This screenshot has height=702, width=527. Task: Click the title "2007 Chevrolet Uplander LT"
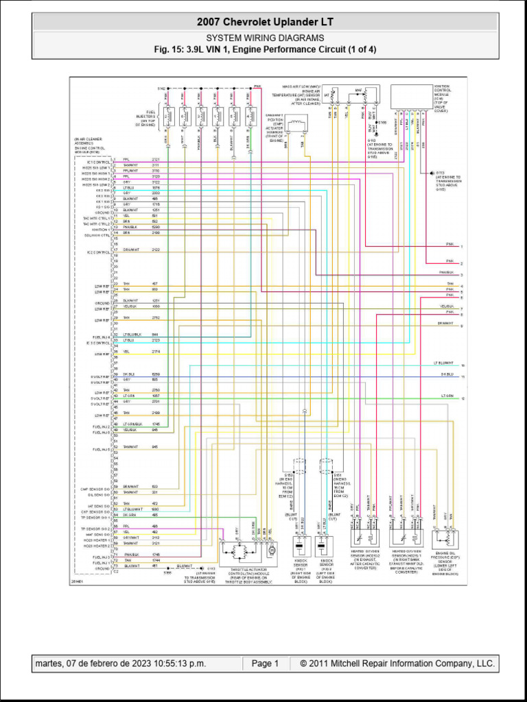point(265,23)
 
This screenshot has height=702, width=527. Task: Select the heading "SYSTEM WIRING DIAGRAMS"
point(265,38)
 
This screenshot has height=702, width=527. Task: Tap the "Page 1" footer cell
point(265,664)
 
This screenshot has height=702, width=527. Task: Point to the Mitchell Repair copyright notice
point(393,664)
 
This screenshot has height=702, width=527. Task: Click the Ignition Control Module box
point(411,97)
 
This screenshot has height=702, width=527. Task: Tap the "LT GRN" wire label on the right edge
point(447,396)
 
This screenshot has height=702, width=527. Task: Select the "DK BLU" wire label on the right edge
point(447,374)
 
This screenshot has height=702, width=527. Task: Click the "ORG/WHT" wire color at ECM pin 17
point(131,250)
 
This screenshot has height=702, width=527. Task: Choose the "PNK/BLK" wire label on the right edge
point(447,272)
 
